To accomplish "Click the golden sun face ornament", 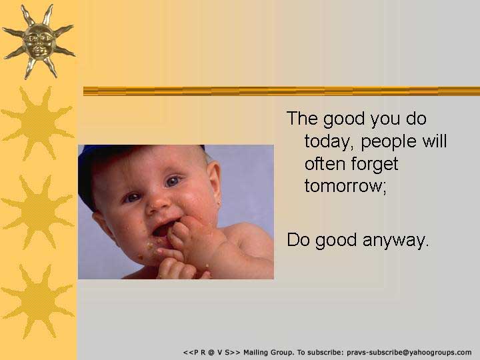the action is pyautogui.click(x=39, y=41).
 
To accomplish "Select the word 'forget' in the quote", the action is pyautogui.click(x=375, y=164).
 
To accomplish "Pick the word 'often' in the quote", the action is pyautogui.click(x=325, y=163).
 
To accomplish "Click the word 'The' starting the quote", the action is pyautogui.click(x=302, y=118).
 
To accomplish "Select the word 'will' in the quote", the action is pyautogui.click(x=435, y=141).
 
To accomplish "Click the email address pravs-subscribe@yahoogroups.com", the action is pyautogui.click(x=409, y=353).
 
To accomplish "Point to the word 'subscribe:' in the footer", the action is pyautogui.click(x=325, y=353).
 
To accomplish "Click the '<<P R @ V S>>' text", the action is pyautogui.click(x=212, y=353).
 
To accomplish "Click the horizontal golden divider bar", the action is pyautogui.click(x=281, y=91).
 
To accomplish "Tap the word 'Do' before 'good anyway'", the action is pyautogui.click(x=299, y=240).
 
